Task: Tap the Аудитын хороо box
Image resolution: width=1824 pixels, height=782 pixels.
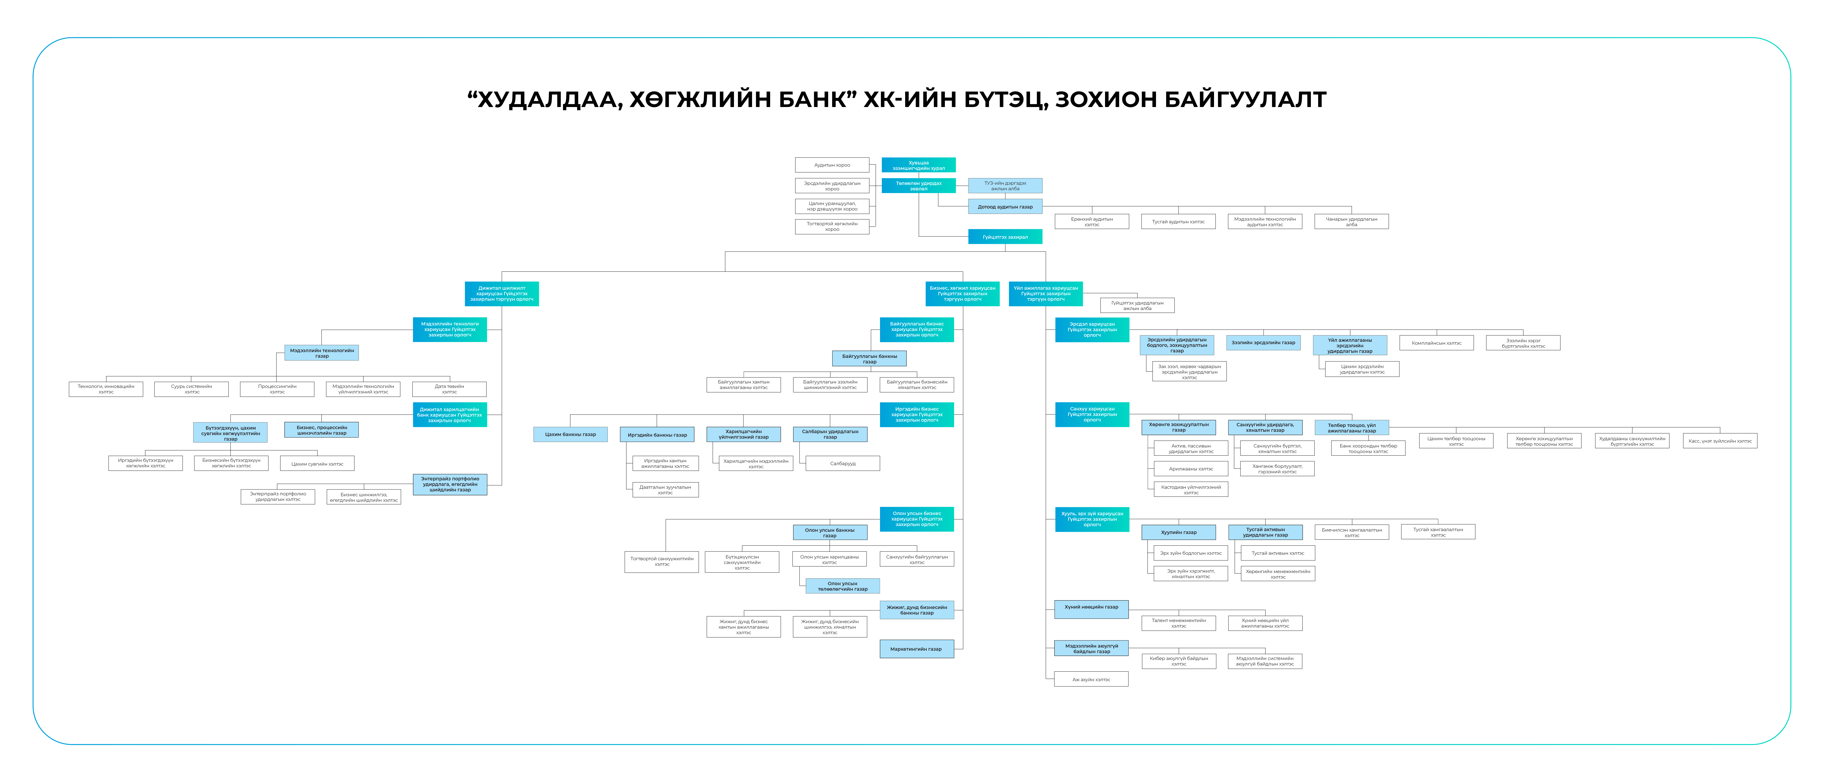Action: [x=832, y=165]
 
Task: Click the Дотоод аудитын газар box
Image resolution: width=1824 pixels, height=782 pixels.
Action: [x=1005, y=207]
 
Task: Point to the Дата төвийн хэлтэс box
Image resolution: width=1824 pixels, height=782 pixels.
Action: [x=449, y=389]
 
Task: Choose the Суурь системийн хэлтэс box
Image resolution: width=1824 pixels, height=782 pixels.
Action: [x=191, y=389]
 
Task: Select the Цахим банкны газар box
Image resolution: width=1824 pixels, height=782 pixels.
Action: [x=570, y=434]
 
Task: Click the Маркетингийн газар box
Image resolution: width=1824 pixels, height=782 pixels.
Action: [x=916, y=649]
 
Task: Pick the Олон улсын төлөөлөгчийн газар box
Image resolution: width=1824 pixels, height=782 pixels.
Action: [x=843, y=586]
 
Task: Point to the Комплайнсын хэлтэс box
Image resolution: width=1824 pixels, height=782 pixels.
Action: [x=1436, y=343]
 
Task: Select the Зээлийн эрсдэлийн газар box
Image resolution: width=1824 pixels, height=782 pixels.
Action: [x=1263, y=343]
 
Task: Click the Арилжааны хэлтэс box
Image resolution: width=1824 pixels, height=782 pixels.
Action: [x=1191, y=469]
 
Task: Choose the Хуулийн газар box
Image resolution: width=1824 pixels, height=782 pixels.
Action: [x=1178, y=532]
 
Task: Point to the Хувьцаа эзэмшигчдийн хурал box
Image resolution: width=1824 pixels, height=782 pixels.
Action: [x=918, y=165]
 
